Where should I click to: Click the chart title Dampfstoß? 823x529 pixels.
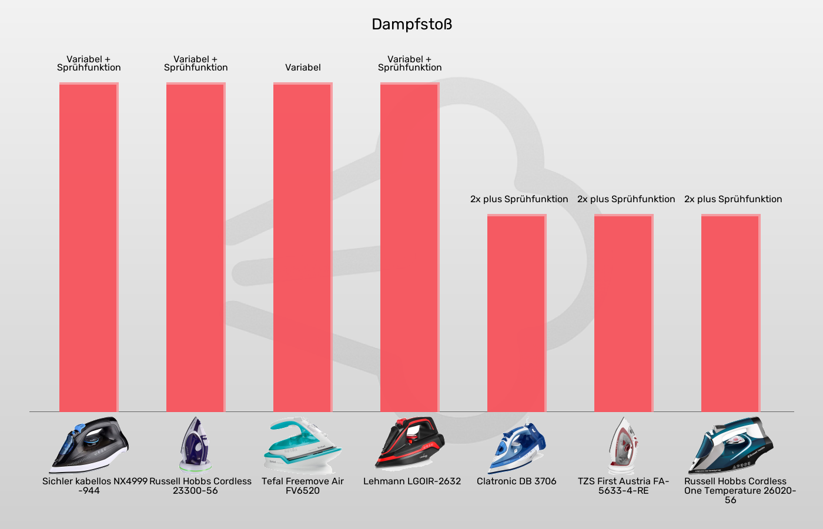click(x=411, y=25)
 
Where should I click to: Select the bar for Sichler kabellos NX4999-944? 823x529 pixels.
click(x=89, y=247)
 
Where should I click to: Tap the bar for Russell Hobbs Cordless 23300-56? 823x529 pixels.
click(x=196, y=247)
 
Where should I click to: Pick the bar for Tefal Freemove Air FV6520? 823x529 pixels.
click(x=303, y=247)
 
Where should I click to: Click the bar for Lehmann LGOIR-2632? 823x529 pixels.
click(x=410, y=247)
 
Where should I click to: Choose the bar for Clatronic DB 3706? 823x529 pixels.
click(x=517, y=313)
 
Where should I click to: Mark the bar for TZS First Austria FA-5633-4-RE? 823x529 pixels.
click(x=624, y=313)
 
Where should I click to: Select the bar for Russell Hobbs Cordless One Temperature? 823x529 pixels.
click(x=731, y=313)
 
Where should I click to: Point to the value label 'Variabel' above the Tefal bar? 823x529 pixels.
click(x=303, y=68)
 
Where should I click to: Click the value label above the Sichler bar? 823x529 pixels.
click(x=89, y=63)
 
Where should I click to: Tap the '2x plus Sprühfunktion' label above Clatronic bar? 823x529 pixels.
click(x=519, y=199)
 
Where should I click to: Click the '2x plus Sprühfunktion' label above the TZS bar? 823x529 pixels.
click(x=626, y=199)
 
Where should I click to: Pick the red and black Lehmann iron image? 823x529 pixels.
click(x=410, y=444)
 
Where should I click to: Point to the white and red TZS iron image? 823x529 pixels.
click(x=623, y=446)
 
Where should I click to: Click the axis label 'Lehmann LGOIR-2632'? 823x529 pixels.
click(x=412, y=481)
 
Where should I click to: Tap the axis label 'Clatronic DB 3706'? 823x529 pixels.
click(x=517, y=481)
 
